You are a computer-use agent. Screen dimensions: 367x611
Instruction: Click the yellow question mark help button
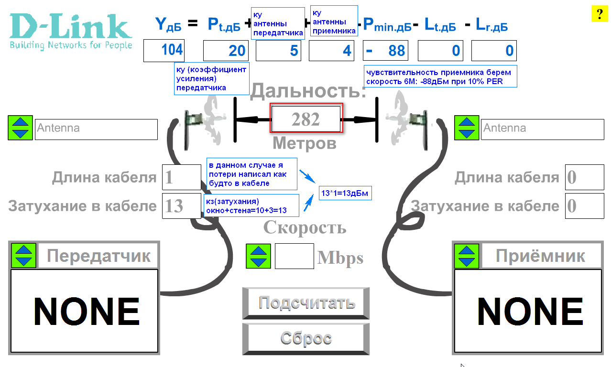coord(599,14)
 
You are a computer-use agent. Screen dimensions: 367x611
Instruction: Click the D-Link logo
coord(71,31)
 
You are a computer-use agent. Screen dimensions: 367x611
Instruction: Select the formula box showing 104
coord(164,50)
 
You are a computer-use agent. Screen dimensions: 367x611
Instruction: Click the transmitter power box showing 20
coord(225,51)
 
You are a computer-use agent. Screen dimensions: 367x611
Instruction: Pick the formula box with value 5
coord(278,51)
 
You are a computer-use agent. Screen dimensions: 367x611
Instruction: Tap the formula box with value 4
coord(331,51)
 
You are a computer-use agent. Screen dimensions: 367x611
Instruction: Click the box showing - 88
coord(386,51)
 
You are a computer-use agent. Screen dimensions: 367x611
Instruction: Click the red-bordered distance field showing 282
coord(306,119)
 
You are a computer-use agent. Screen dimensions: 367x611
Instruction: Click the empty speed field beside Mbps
coord(294,256)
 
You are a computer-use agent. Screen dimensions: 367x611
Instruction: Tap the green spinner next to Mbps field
coord(258,256)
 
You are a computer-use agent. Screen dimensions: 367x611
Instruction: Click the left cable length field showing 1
coord(182,177)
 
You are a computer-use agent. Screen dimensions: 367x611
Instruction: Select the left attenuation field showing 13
coord(182,206)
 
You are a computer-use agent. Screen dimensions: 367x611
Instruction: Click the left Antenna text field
coord(96,129)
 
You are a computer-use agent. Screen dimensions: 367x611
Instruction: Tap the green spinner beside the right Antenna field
coord(466,128)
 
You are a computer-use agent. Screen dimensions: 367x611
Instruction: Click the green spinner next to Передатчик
coord(24,256)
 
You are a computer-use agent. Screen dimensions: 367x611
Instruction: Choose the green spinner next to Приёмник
coord(466,256)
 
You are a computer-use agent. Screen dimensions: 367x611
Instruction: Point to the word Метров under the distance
coord(305,143)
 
